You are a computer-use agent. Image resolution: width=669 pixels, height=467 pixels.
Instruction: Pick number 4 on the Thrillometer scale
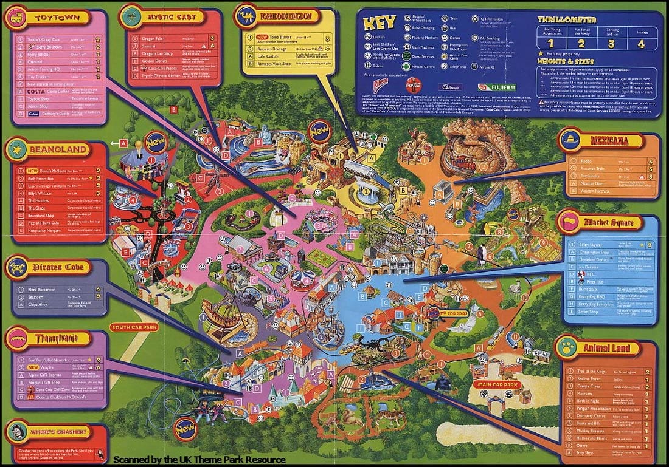(x=640, y=44)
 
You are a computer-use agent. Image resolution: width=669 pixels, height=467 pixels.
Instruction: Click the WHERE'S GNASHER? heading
(x=60, y=432)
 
